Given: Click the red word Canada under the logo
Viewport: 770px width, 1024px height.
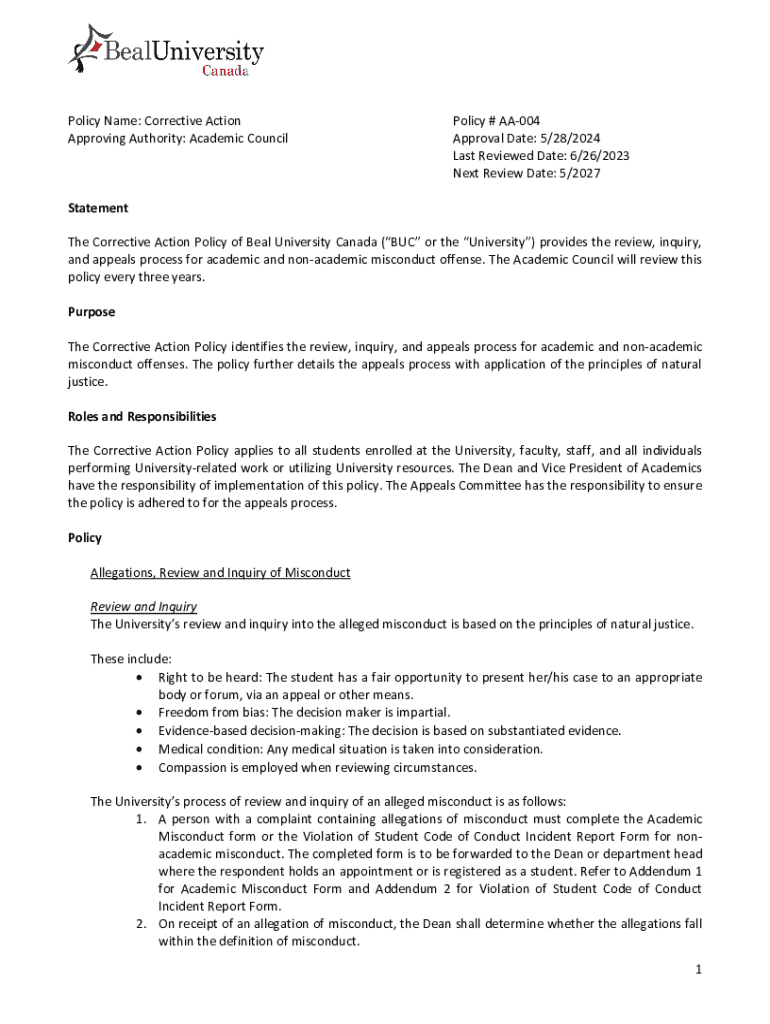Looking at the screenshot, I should pos(226,71).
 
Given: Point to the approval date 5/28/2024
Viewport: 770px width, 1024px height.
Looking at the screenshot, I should pos(564,138).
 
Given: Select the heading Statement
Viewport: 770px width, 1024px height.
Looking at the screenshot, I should pos(97,208).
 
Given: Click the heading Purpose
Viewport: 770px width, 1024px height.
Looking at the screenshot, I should pos(91,312).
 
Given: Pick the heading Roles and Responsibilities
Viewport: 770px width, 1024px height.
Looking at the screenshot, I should pos(141,416).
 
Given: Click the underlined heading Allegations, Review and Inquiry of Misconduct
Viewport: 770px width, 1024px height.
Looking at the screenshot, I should pos(220,573).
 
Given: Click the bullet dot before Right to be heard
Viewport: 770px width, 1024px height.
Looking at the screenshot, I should pos(137,678).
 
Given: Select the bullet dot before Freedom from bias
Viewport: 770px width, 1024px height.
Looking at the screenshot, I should pos(137,713).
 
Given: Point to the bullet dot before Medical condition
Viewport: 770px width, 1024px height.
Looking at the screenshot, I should pos(137,749).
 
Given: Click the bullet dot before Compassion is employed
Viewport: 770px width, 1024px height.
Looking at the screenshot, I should pos(137,768).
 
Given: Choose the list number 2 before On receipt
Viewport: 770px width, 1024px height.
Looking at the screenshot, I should pos(142,924).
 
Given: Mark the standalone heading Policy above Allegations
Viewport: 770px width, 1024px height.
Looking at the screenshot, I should pos(84,538).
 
